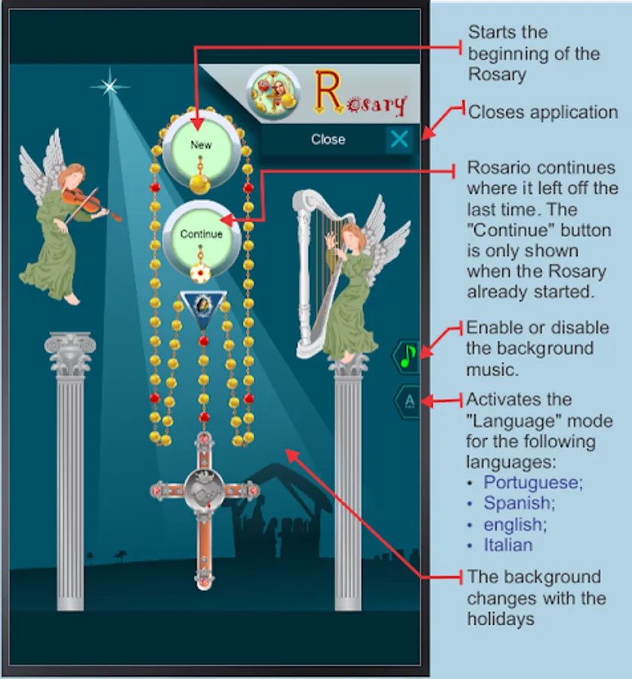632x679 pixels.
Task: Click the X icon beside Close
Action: point(399,140)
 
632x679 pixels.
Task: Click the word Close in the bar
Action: point(328,140)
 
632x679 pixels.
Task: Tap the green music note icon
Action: point(408,356)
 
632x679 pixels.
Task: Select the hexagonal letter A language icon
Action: point(408,401)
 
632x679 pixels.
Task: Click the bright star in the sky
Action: point(109,86)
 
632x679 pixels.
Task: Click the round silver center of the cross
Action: point(204,490)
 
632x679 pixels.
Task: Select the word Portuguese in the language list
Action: point(533,483)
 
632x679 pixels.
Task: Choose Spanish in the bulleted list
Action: point(519,503)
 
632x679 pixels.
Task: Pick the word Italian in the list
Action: point(508,545)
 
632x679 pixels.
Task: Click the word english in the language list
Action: point(515,525)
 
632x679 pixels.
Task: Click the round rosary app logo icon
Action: point(273,92)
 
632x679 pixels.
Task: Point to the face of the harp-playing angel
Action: point(351,238)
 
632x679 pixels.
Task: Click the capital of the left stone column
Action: point(69,352)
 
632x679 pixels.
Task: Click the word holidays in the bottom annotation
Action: point(501,619)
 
